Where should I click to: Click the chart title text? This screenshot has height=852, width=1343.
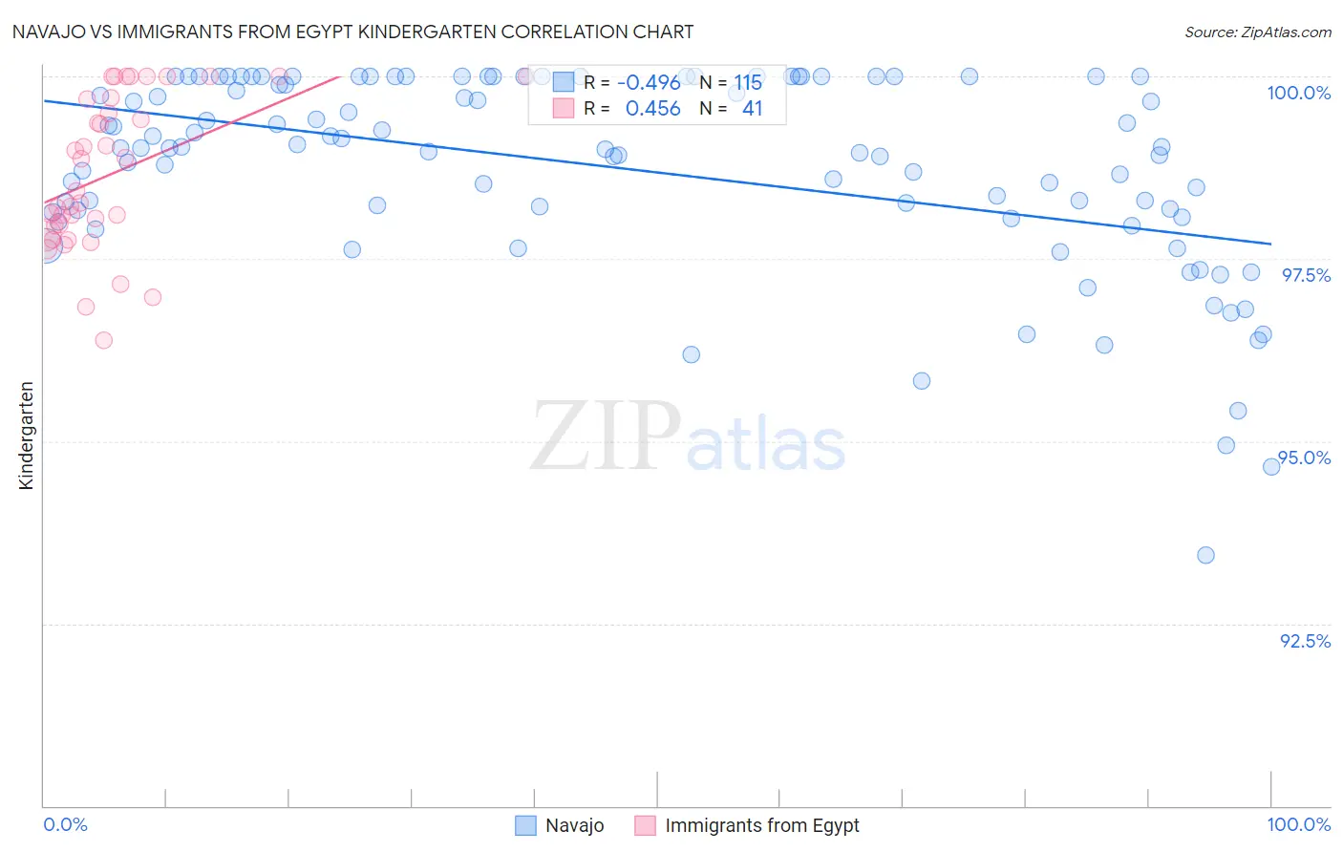click(352, 32)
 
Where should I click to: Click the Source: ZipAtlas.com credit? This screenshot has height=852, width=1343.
click(1257, 32)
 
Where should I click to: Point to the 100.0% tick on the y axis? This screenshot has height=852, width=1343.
click(1298, 93)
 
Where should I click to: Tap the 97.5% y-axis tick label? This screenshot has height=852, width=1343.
click(1306, 275)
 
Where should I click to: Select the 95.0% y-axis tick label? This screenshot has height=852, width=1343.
click(1305, 458)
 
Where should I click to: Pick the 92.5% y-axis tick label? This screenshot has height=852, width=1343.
click(1305, 641)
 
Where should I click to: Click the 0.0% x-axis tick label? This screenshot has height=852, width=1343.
click(66, 824)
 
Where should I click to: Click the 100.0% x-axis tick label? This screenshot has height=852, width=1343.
click(1298, 824)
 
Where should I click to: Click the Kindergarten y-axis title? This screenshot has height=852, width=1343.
click(27, 436)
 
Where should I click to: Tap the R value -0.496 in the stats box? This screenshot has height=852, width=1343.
click(649, 83)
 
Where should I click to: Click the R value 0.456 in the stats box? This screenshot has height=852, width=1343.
click(652, 109)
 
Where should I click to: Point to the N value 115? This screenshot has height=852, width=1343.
click(748, 83)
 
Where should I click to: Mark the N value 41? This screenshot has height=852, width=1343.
click(752, 109)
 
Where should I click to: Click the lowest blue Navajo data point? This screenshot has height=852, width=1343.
click(1205, 555)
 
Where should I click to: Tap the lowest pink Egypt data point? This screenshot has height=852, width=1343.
click(104, 340)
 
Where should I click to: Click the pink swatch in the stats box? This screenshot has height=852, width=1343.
click(564, 108)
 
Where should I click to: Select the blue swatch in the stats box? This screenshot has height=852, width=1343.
click(564, 82)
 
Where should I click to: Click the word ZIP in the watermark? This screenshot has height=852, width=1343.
click(605, 437)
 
